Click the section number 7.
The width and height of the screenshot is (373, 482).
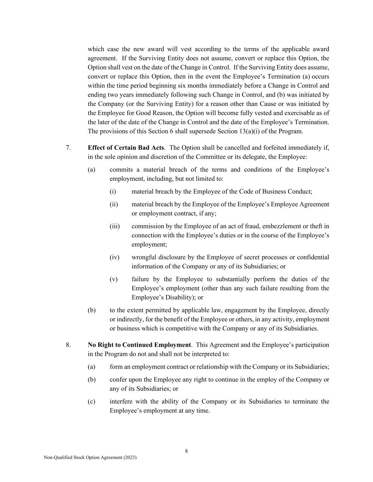click(x=68, y=148)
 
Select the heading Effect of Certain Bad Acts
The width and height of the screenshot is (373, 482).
click(x=126, y=148)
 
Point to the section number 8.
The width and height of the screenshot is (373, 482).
click(x=68, y=345)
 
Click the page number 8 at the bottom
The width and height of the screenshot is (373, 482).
click(x=186, y=451)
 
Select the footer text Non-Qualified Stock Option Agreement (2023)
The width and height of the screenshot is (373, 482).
click(x=90, y=457)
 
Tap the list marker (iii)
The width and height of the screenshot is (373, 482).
click(x=115, y=226)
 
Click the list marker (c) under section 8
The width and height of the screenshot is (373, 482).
click(x=92, y=401)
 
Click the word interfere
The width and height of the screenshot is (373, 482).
click(x=121, y=401)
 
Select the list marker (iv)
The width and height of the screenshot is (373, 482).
click(x=115, y=257)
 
